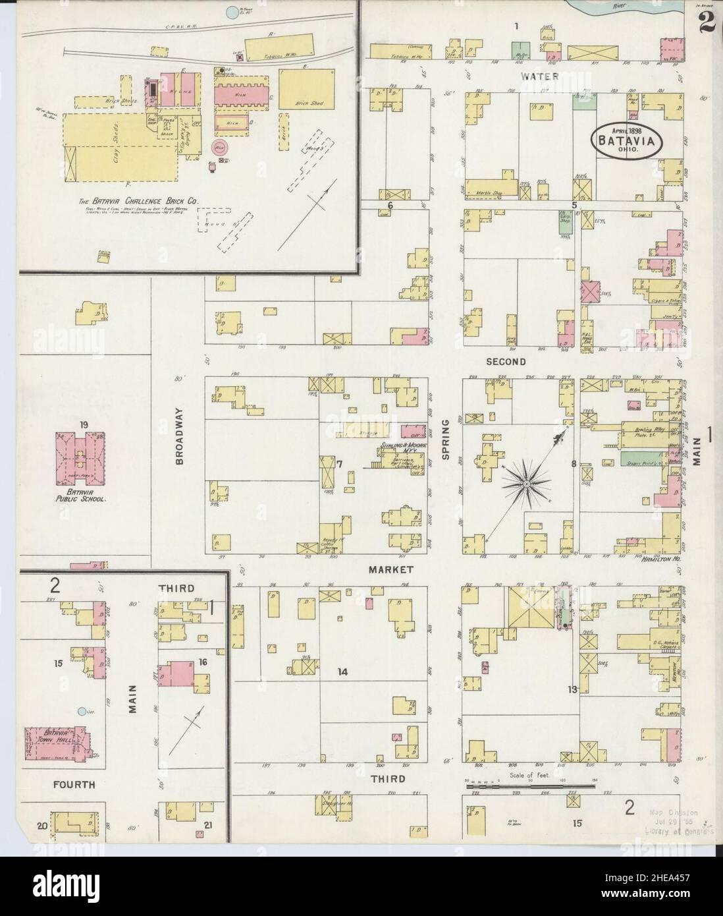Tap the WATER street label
coord(540,76)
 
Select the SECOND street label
coord(506,362)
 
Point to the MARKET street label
coord(390,569)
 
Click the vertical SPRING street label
coord(445,440)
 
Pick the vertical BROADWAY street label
coord(179,436)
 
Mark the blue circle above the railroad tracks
coord(231,12)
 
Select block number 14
coord(342,672)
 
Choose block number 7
coord(340,465)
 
